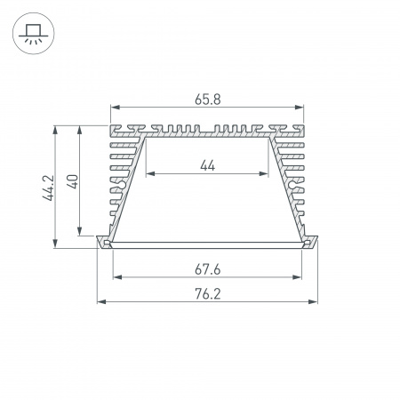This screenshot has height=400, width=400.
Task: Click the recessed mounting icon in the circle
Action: pos(33,34)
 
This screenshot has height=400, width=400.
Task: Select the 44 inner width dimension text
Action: pos(207,164)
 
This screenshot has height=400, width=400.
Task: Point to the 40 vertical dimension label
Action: pos(75,181)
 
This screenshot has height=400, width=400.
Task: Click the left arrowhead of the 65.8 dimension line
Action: pos(114,110)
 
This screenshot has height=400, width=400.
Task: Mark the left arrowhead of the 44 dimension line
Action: pos(148,174)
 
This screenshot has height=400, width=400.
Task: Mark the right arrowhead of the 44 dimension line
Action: pos(266,174)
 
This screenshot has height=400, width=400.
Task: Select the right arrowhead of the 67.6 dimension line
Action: pos(302,276)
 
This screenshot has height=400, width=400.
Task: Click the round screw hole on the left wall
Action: pos(125,185)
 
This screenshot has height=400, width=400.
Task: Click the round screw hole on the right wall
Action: pos(289,185)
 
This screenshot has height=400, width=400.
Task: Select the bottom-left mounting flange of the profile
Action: pos(102,243)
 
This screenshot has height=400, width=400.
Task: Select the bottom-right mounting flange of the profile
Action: pos(312,243)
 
